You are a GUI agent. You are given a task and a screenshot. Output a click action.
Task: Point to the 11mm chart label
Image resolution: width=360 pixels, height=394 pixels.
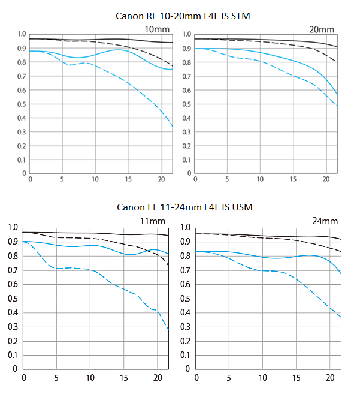pos(150,221)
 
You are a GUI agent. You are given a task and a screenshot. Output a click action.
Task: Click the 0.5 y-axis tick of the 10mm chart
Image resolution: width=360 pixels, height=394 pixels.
pos(22,104)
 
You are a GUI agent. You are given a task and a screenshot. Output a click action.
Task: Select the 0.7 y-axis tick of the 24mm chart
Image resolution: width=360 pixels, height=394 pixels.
pos(185,270)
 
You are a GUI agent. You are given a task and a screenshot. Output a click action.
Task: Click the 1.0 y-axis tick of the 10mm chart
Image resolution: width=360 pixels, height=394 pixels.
pos(22,35)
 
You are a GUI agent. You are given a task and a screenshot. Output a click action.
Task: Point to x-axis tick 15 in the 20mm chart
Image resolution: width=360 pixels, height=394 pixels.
pos(293,179)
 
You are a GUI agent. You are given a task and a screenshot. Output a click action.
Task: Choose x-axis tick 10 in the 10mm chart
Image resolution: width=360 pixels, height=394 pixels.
pos(95,179)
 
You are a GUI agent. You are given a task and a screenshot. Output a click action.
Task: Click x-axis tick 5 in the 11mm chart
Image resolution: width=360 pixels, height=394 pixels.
pos(57,377)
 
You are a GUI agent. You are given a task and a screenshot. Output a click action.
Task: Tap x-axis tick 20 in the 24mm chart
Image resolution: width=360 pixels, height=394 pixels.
pos(329,377)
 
